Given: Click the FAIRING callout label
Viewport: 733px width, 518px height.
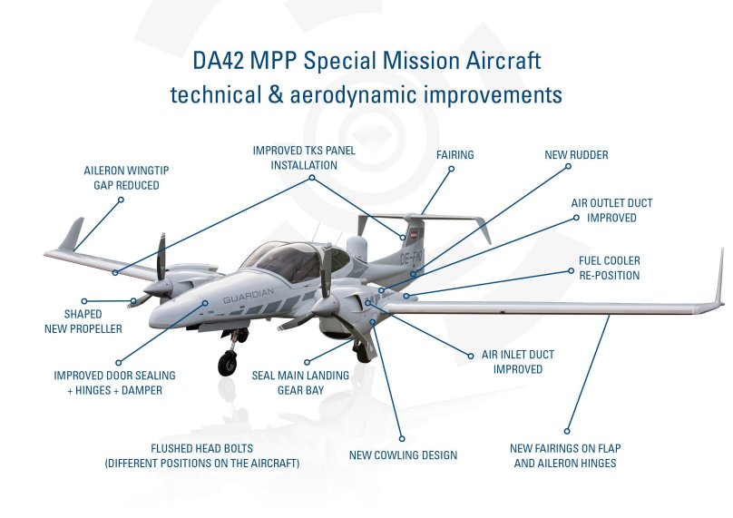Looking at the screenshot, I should (x=454, y=155).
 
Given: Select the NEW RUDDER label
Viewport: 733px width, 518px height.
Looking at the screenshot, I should (x=576, y=155).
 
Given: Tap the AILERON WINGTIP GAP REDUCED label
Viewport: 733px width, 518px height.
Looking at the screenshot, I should (x=126, y=178).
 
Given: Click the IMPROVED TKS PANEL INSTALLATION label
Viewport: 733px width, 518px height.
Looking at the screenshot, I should (x=304, y=158).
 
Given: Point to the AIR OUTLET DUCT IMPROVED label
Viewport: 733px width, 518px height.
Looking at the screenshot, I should (x=611, y=210).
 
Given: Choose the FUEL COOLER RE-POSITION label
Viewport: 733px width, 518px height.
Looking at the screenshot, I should (x=609, y=268).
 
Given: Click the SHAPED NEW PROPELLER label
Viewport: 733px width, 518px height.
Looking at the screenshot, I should (x=83, y=322).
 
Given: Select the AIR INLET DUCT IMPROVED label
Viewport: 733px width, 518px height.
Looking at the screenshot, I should (x=518, y=362).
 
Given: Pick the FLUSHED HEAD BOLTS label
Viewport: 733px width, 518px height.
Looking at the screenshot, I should (x=202, y=455).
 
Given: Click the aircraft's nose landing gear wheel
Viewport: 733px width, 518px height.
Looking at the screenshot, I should (x=226, y=365).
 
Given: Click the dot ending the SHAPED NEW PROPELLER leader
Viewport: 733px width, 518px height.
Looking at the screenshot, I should (x=83, y=301).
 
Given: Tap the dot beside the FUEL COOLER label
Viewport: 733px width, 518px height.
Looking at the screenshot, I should (x=570, y=269).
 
